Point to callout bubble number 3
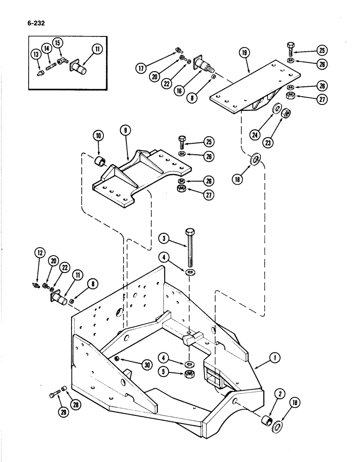163,239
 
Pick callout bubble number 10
100,136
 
